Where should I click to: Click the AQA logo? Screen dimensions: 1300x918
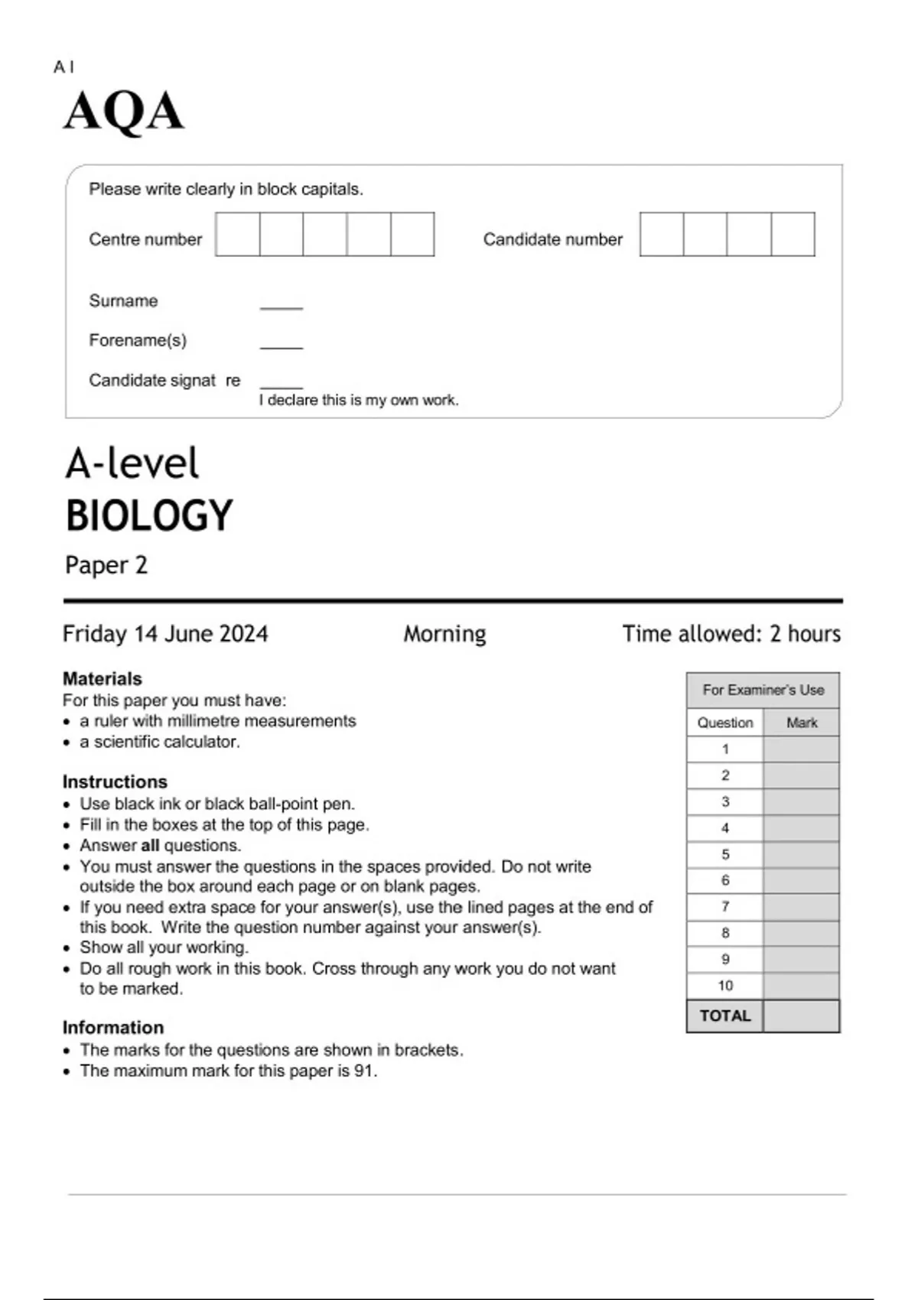123,112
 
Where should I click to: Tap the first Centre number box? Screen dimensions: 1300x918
237,235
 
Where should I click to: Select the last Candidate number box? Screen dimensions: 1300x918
793,235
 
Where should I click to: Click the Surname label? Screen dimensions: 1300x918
123,301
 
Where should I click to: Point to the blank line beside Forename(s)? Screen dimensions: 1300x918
282,346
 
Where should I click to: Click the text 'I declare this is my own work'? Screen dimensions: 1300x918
358,400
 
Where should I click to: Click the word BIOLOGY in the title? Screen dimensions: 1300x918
148,515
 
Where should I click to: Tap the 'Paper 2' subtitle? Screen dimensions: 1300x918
106,565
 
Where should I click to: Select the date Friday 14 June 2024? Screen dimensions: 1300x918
165,634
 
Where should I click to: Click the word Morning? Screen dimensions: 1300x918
444,634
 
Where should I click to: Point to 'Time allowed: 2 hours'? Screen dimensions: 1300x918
731,634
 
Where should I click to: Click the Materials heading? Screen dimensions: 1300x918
102,678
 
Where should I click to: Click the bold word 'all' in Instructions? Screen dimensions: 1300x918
150,846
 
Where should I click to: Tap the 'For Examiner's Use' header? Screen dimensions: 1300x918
763,690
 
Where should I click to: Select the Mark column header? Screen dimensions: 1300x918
801,723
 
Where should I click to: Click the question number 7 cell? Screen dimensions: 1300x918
725,907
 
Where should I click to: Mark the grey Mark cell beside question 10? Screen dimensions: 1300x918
801,986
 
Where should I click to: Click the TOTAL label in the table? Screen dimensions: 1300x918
724,1016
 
